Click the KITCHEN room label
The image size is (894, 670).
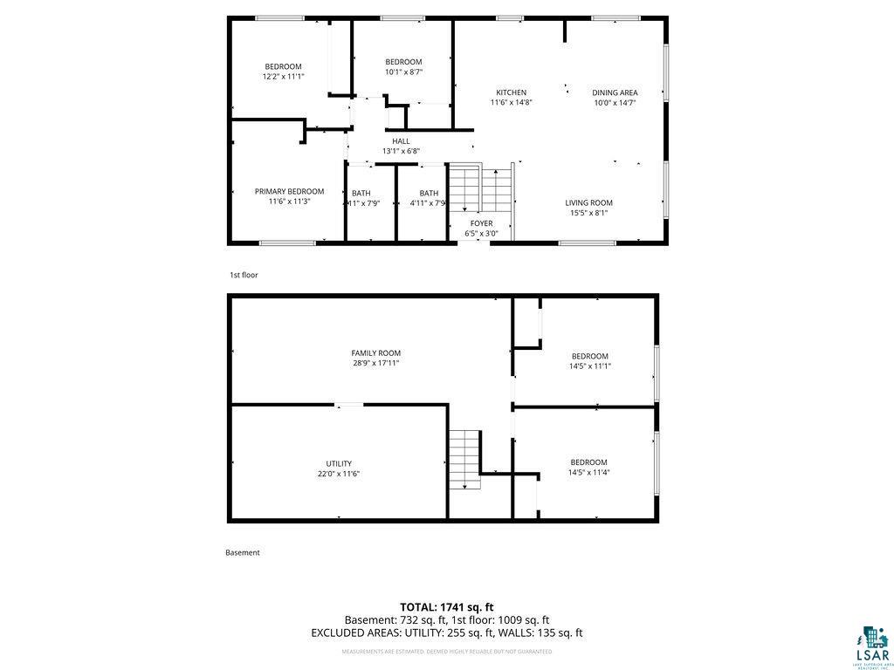pyautogui.click(x=511, y=92)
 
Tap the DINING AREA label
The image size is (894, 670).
pyautogui.click(x=615, y=92)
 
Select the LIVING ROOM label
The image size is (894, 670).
pyautogui.click(x=588, y=202)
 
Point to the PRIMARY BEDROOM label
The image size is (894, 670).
pyautogui.click(x=289, y=191)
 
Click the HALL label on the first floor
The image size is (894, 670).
pyautogui.click(x=401, y=141)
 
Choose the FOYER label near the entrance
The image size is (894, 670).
pyautogui.click(x=480, y=223)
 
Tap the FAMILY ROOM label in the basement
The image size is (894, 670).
pyautogui.click(x=376, y=352)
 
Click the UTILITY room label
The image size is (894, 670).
pyautogui.click(x=339, y=463)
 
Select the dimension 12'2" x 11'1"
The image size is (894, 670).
pyautogui.click(x=283, y=77)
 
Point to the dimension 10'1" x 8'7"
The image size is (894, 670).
pyautogui.click(x=403, y=72)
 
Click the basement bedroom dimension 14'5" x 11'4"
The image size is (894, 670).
pyautogui.click(x=588, y=473)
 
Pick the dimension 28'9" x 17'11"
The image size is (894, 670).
pyautogui.click(x=376, y=363)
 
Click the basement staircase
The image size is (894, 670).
pyautogui.click(x=464, y=459)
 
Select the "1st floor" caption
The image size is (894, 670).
pyautogui.click(x=244, y=275)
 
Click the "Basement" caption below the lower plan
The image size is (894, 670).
pyautogui.click(x=243, y=552)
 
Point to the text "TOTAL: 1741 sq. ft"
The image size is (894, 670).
pyautogui.click(x=446, y=606)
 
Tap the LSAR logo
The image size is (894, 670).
pyautogui.click(x=874, y=645)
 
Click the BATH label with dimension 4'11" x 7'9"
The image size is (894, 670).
pyautogui.click(x=429, y=193)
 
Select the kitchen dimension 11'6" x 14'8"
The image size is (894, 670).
pyautogui.click(x=511, y=102)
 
